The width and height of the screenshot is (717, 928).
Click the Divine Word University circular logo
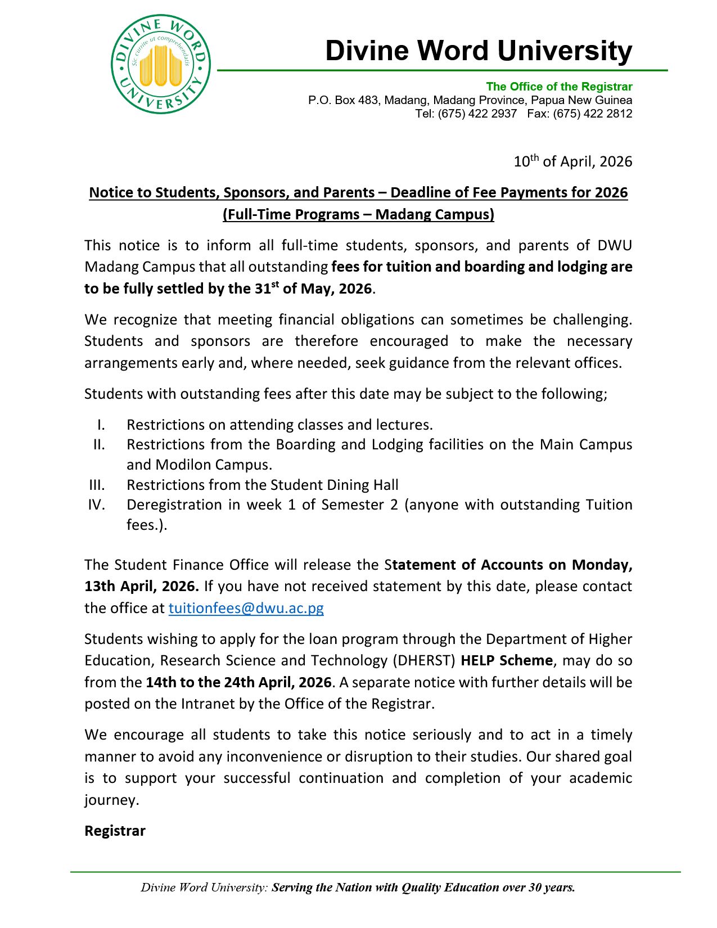tap(160, 65)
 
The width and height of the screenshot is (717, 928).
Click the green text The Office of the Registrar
tap(559, 87)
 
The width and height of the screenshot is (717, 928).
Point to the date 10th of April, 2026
tap(572, 162)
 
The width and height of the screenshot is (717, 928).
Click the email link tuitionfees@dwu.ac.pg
tap(246, 608)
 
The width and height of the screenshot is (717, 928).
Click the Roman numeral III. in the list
tap(97, 485)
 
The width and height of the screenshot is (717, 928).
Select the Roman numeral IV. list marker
tap(96, 504)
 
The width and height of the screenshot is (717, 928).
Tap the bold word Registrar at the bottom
tap(115, 831)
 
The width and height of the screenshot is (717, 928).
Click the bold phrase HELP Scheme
tap(506, 660)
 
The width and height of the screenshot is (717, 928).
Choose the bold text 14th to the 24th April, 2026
tap(238, 682)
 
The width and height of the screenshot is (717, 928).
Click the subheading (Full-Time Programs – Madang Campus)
tap(358, 214)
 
